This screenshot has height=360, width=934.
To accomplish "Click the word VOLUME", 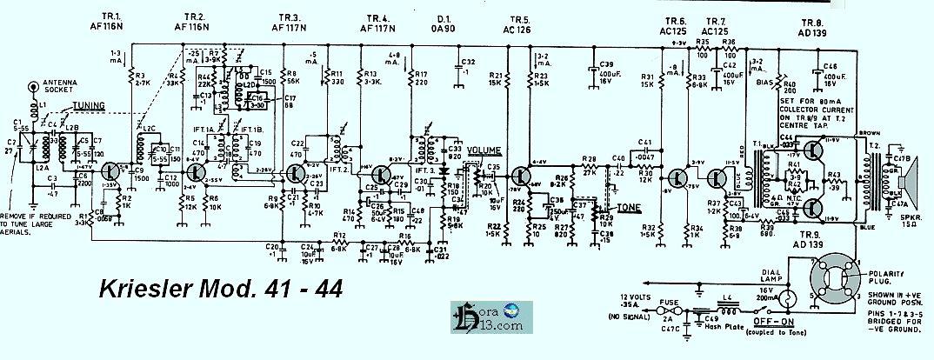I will [x=484, y=150].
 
